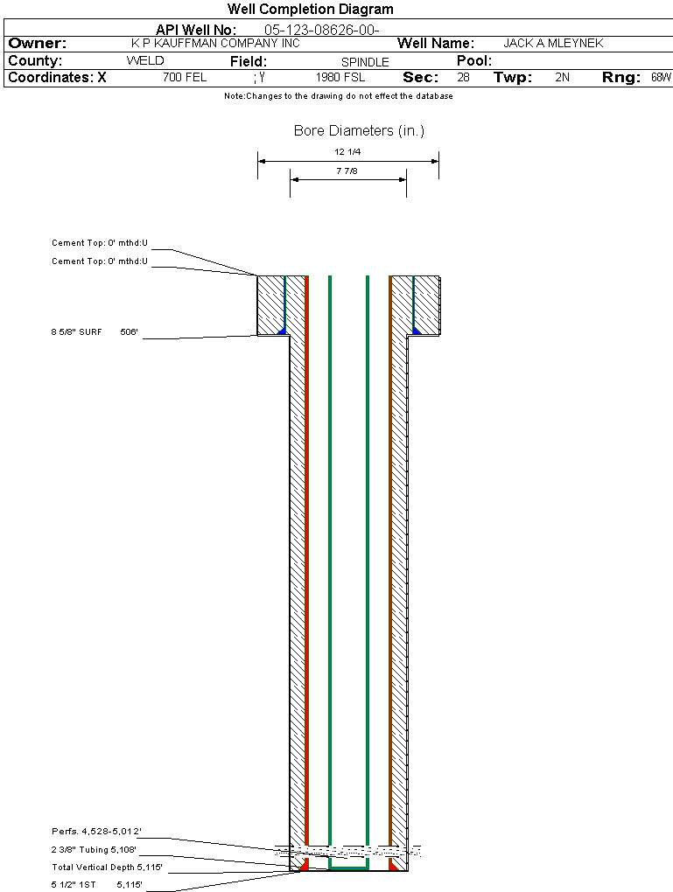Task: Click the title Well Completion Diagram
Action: pyautogui.click(x=311, y=9)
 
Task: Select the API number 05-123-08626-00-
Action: pyautogui.click(x=322, y=30)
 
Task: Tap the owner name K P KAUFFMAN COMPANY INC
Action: pyautogui.click(x=215, y=43)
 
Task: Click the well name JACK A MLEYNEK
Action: pyautogui.click(x=553, y=43)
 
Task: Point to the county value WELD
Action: pyautogui.click(x=145, y=61)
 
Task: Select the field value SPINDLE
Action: pyautogui.click(x=365, y=62)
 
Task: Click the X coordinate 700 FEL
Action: pyautogui.click(x=185, y=77)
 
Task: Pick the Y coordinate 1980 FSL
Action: pyautogui.click(x=340, y=77)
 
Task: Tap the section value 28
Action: pyautogui.click(x=464, y=77)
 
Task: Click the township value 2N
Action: pyautogui.click(x=563, y=77)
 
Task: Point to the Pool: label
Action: pyautogui.click(x=474, y=61)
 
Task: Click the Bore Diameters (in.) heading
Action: pyautogui.click(x=360, y=131)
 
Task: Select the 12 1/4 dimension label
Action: pyautogui.click(x=347, y=152)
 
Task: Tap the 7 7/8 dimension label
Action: pyautogui.click(x=347, y=171)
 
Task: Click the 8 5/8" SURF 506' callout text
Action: pyautogui.click(x=95, y=331)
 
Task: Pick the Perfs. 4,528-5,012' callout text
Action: pyautogui.click(x=97, y=831)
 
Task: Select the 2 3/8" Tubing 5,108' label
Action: pyautogui.click(x=94, y=849)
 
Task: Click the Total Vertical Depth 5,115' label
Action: pyautogui.click(x=107, y=867)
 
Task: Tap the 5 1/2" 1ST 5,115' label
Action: pyautogui.click(x=97, y=885)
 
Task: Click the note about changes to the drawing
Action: pyautogui.click(x=339, y=96)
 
